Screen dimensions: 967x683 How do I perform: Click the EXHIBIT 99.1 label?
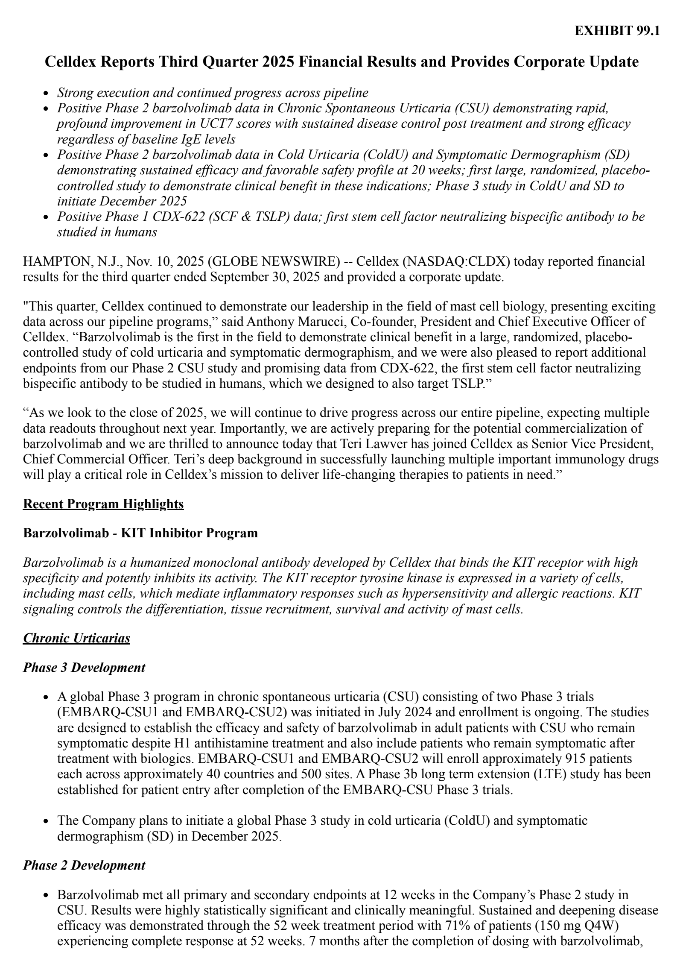pyautogui.click(x=617, y=31)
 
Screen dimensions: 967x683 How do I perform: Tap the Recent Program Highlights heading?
pyautogui.click(x=103, y=504)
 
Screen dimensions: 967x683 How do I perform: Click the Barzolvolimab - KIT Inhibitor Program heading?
pyautogui.click(x=140, y=533)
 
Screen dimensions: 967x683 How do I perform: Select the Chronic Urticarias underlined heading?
pyautogui.click(x=76, y=638)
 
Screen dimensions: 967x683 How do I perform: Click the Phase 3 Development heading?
pyautogui.click(x=84, y=668)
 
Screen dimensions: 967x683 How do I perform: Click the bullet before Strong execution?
pyautogui.click(x=48, y=94)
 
